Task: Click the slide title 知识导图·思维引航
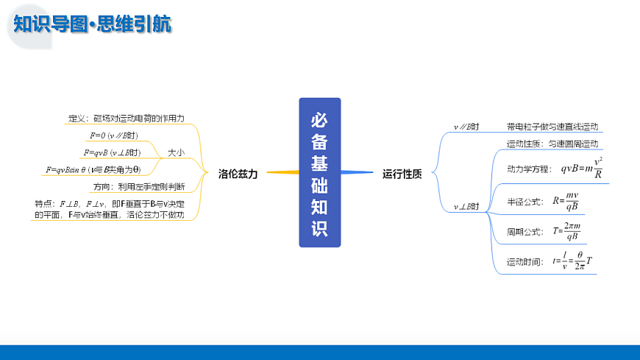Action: (93, 24)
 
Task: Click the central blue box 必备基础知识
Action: (319, 172)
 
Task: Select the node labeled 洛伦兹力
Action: (238, 174)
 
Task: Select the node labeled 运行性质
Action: (402, 174)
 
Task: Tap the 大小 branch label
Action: (176, 152)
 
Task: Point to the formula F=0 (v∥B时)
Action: (113, 135)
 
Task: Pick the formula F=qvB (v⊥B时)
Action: (112, 152)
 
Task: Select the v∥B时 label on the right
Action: (466, 127)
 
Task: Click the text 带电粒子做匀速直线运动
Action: (552, 127)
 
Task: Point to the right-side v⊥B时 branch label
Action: (466, 207)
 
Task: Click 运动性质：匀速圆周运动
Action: (552, 144)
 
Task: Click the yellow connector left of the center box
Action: (282, 172)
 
